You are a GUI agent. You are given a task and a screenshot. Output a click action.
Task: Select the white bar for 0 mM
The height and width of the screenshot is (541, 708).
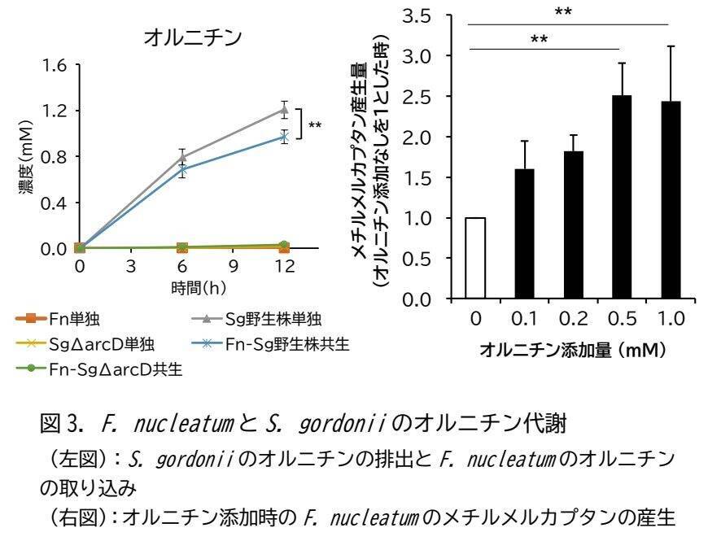coord(475,259)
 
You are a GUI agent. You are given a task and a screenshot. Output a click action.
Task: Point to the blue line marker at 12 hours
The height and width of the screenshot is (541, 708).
coord(284,137)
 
